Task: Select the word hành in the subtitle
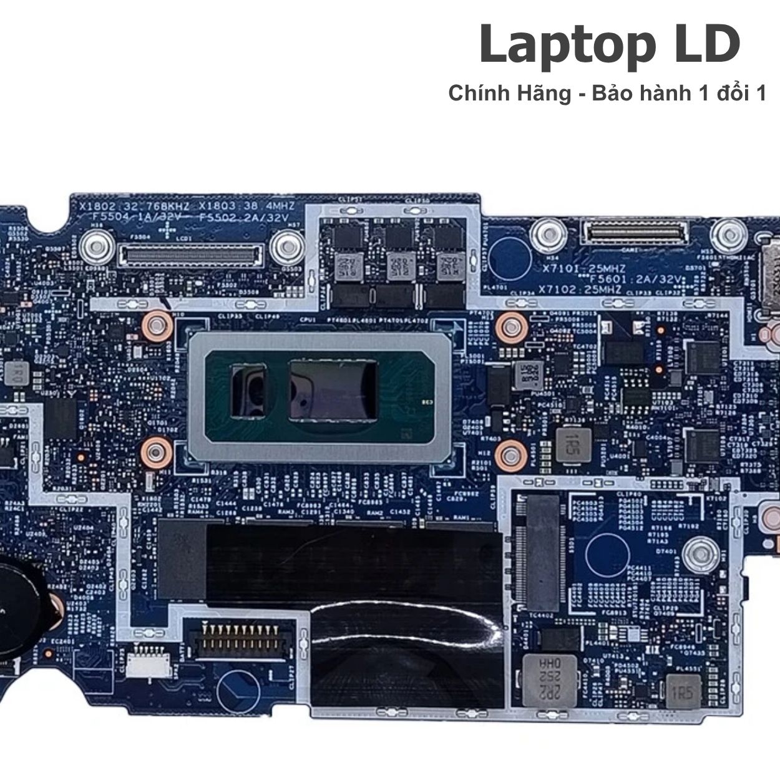(x=661, y=94)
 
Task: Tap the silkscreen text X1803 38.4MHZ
(x=245, y=206)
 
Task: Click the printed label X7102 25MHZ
(x=580, y=290)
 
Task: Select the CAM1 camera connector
(x=634, y=235)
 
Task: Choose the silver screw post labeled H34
(x=547, y=233)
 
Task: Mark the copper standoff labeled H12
(x=510, y=454)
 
